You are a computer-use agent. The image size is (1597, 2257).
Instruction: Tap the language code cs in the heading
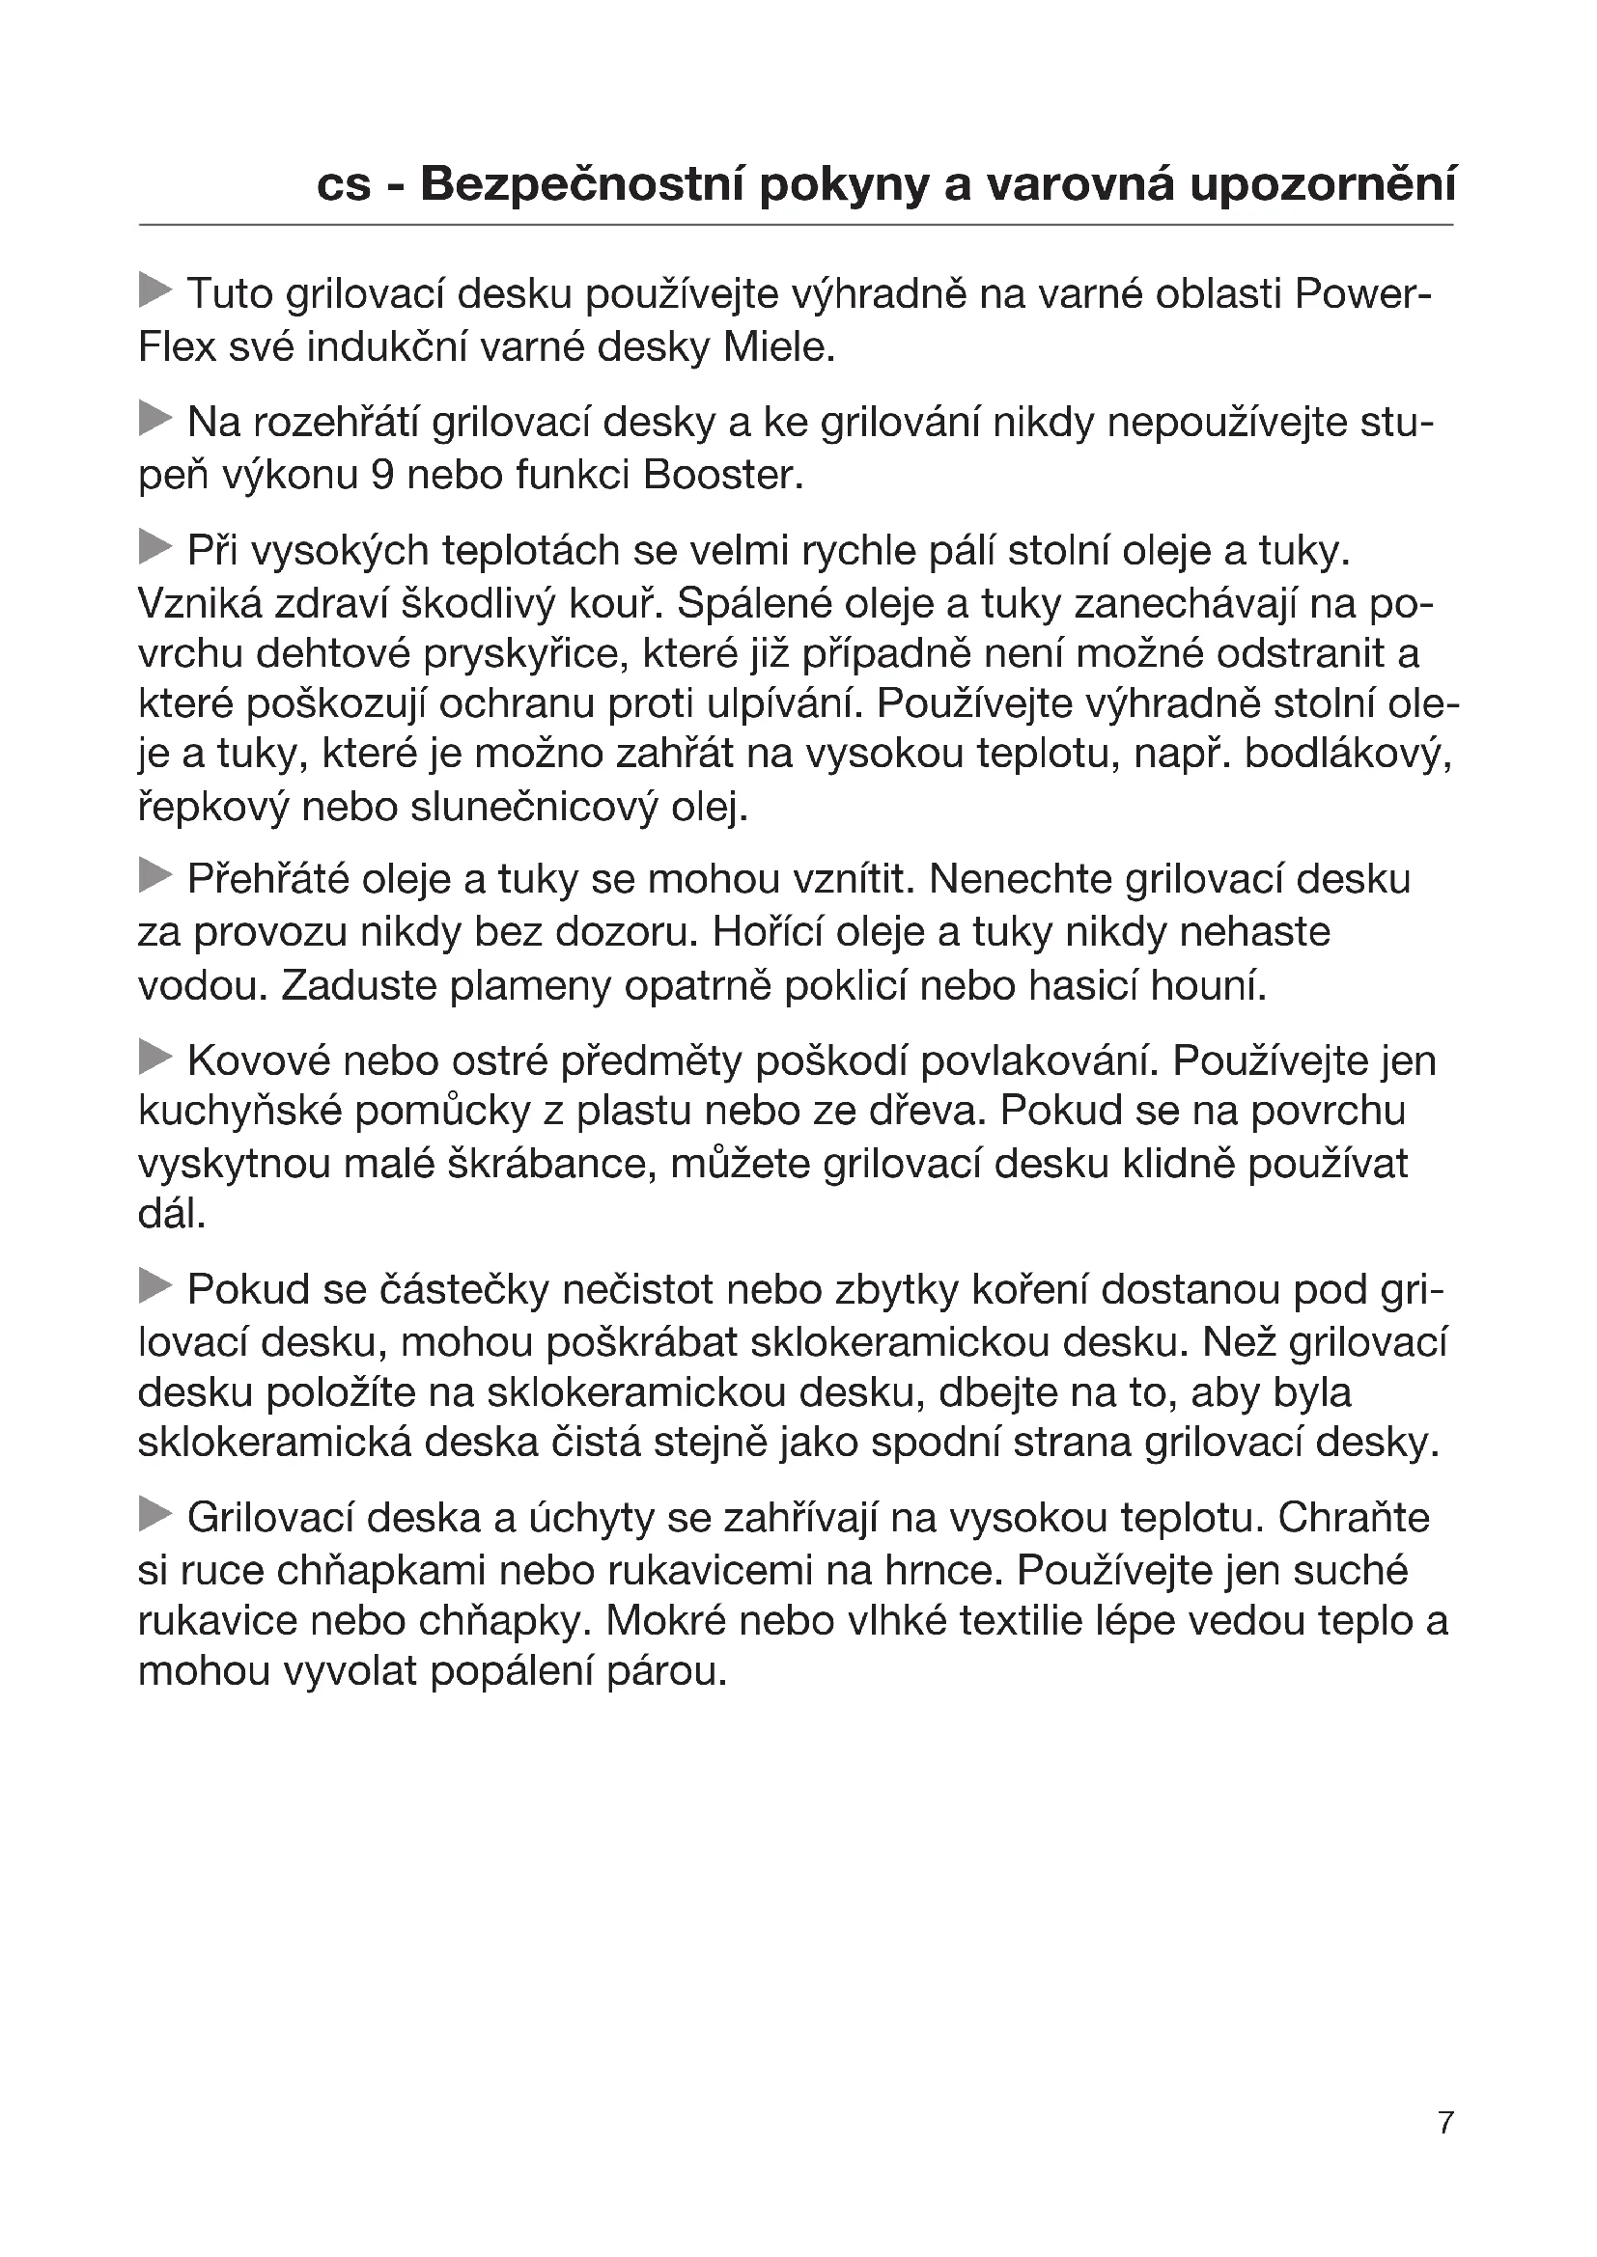point(343,185)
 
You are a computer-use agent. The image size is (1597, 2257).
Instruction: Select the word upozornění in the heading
point(1323,185)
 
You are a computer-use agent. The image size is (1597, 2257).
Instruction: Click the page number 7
point(1444,2121)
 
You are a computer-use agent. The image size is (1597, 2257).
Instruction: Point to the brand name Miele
point(778,347)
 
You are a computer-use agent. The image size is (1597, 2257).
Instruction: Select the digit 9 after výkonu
point(384,476)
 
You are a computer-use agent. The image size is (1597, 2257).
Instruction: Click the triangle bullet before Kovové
point(155,1058)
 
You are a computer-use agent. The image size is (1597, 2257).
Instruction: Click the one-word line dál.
point(172,1215)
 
